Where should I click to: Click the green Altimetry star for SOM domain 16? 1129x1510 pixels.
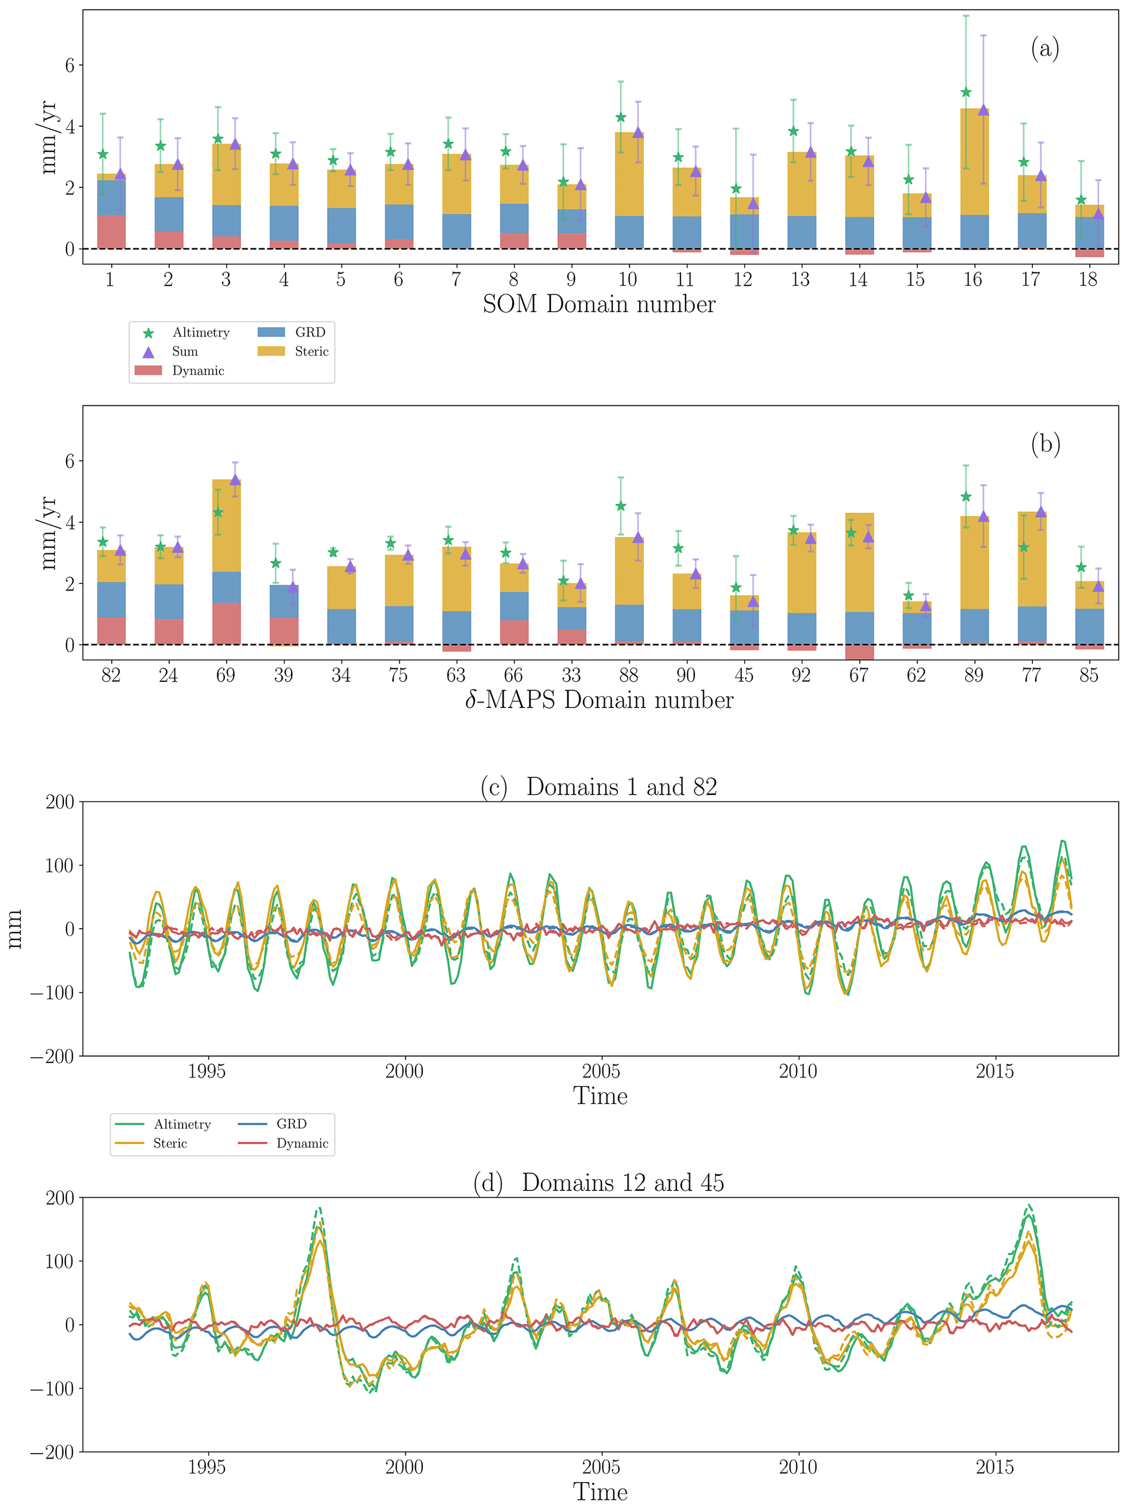point(965,92)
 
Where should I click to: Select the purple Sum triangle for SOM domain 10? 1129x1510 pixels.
point(637,132)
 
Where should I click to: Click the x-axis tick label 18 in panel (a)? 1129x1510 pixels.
point(1088,279)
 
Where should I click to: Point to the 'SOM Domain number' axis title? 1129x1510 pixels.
point(599,304)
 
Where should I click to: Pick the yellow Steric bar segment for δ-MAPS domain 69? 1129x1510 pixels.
point(226,526)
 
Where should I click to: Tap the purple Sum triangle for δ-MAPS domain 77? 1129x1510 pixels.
point(1041,512)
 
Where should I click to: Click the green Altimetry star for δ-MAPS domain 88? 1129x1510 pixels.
point(620,506)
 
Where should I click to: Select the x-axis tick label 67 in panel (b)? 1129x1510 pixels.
point(858,675)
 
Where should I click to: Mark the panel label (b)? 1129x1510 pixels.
point(1045,444)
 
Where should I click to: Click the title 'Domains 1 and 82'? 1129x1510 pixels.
point(621,787)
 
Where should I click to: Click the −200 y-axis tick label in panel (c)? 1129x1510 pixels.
point(52,1056)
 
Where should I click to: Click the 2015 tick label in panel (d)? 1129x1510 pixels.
point(995,1467)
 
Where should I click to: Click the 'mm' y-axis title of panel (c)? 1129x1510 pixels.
point(15,928)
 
